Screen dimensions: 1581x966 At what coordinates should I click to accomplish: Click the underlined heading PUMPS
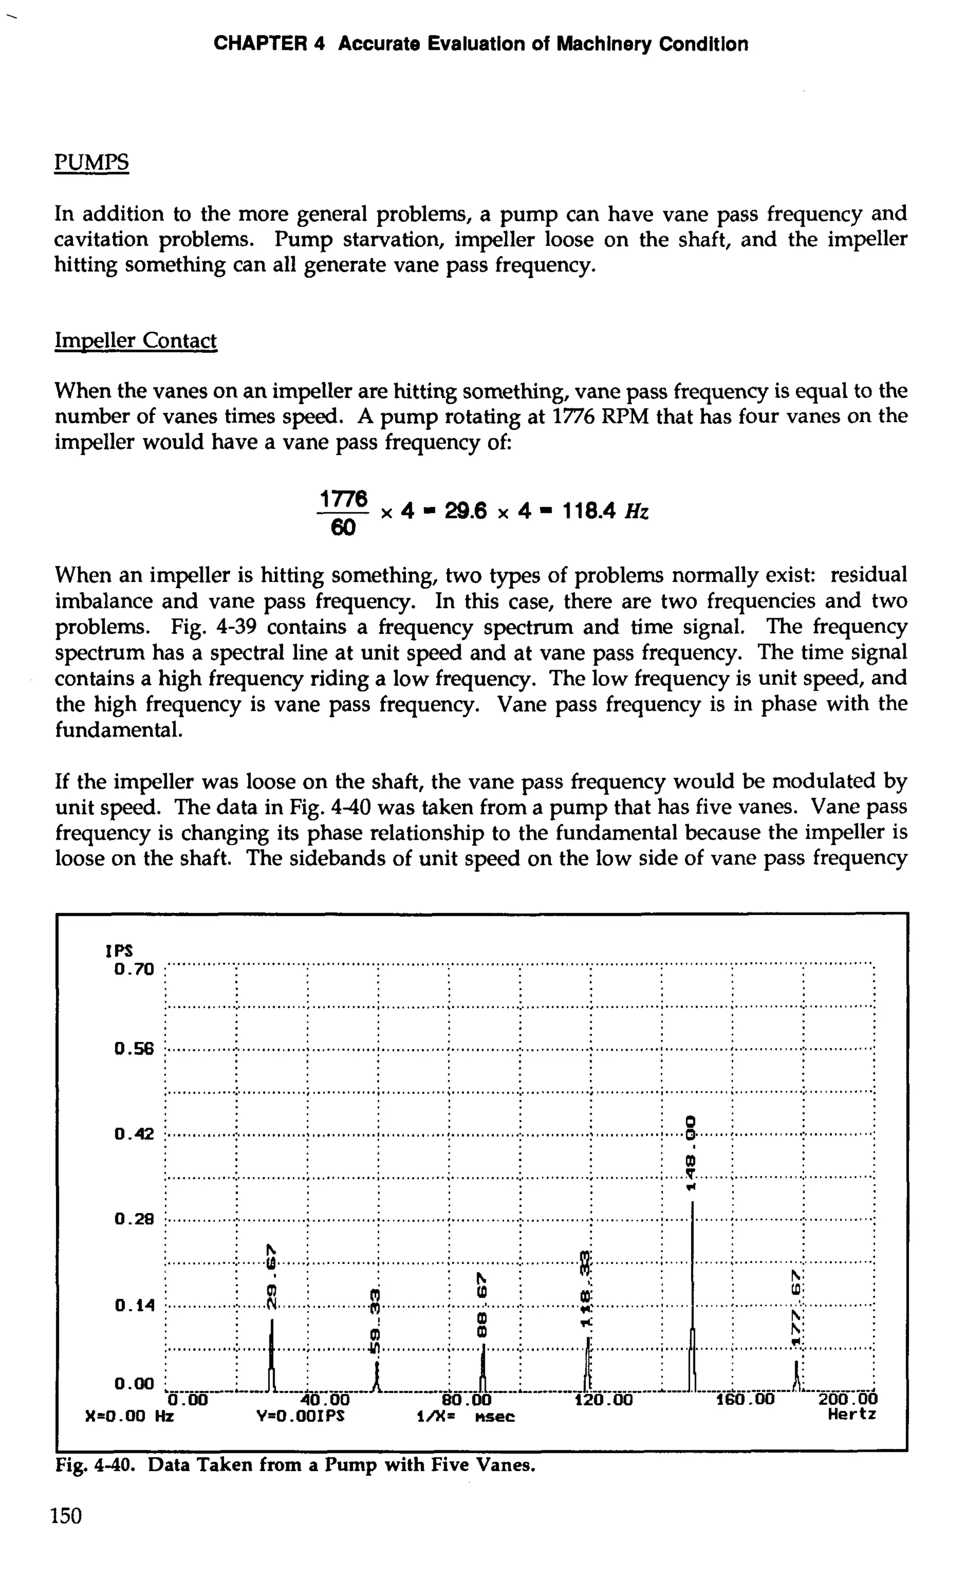coord(91,162)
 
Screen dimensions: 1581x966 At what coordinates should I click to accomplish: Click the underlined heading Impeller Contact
coord(135,340)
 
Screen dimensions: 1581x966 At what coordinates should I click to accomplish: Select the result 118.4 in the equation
coord(589,511)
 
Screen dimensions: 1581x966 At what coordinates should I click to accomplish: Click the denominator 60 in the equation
coord(343,528)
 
